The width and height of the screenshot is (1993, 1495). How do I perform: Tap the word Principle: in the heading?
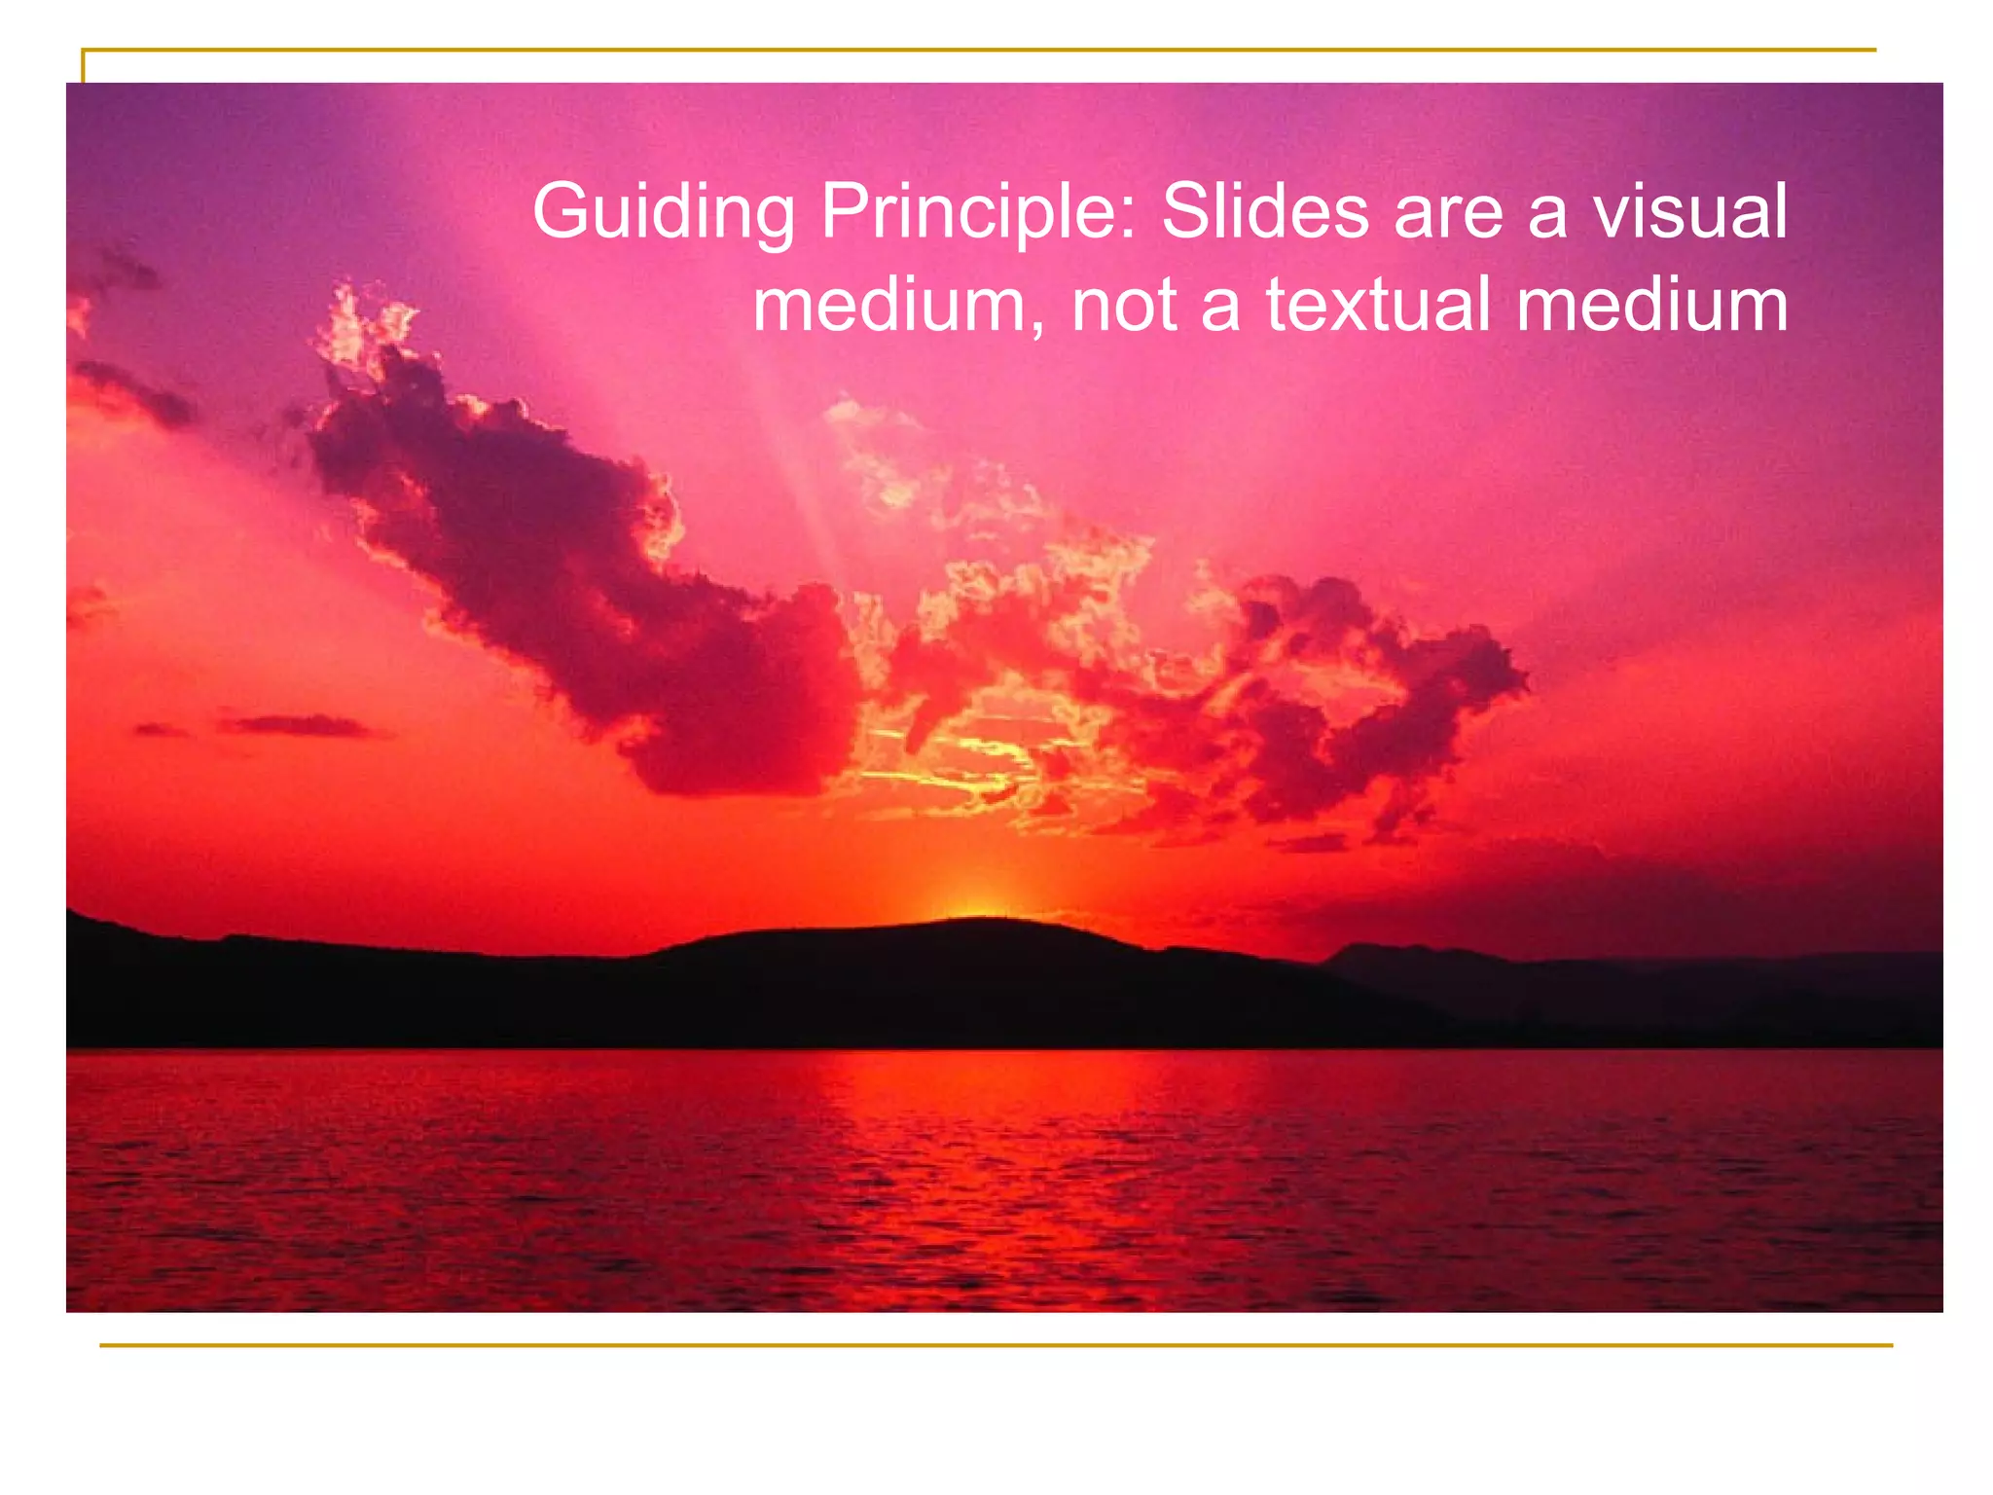pos(977,212)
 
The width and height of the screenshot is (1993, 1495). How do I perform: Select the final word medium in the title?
pos(1651,306)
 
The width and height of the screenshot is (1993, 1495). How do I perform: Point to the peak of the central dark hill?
pos(983,922)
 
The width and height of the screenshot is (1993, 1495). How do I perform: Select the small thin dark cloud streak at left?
pos(292,725)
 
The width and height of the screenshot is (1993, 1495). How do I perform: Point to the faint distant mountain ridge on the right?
pos(1606,959)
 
